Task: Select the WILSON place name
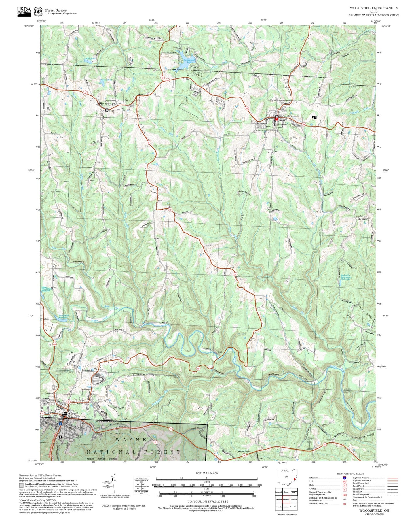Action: pyautogui.click(x=193, y=75)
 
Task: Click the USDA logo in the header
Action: pyautogui.click(x=24, y=11)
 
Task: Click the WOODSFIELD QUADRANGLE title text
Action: pyautogui.click(x=373, y=8)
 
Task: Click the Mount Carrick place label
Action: pyautogui.click(x=244, y=452)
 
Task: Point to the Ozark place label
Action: pyautogui.click(x=153, y=192)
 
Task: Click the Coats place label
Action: pyautogui.click(x=220, y=352)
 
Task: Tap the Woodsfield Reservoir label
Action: pyautogui.click(x=64, y=316)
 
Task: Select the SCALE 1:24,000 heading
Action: pyautogui.click(x=207, y=473)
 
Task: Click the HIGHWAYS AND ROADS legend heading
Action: pyautogui.click(x=350, y=473)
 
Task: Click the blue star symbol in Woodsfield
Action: pyautogui.click(x=60, y=424)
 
